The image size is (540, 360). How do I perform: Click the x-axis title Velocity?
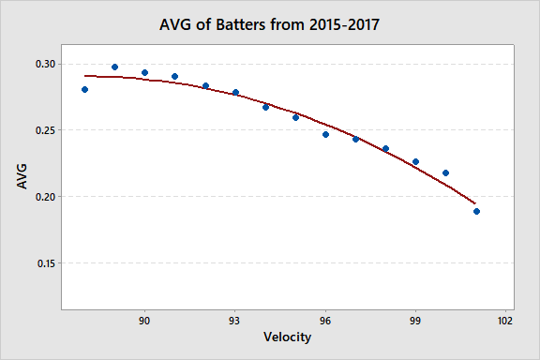pyautogui.click(x=288, y=338)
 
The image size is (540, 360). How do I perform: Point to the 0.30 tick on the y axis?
pyautogui.click(x=46, y=64)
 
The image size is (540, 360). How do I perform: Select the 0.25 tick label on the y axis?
pyautogui.click(x=46, y=130)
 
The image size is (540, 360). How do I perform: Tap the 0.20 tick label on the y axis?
pyautogui.click(x=46, y=197)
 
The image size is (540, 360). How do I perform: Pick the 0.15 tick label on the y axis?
pyautogui.click(x=46, y=263)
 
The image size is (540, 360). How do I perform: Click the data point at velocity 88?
pyautogui.click(x=84, y=90)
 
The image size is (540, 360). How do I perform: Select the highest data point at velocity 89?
pyautogui.click(x=114, y=67)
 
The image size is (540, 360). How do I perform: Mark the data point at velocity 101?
pyautogui.click(x=476, y=211)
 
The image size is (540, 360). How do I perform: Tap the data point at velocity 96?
pyautogui.click(x=325, y=134)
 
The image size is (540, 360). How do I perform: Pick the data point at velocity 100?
pyautogui.click(x=445, y=172)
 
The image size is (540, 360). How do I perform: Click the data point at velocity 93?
pyautogui.click(x=235, y=93)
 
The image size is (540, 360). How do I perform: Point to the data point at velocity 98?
pyautogui.click(x=385, y=149)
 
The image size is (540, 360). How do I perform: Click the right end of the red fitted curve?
pyautogui.click(x=475, y=202)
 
